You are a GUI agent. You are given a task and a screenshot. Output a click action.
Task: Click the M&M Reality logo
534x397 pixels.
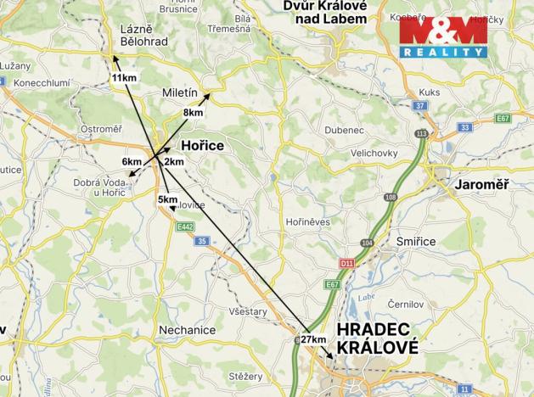444,37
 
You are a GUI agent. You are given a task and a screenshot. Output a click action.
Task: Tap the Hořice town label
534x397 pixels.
202,146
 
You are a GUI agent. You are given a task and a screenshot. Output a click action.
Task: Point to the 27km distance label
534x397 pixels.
313,339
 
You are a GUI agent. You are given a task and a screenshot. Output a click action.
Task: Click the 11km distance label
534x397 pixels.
124,78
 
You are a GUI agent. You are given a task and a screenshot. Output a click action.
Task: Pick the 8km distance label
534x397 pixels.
193,112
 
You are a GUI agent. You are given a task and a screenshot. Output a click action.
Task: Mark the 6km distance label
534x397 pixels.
132,161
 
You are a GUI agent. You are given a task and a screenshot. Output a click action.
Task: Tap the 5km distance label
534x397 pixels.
167,199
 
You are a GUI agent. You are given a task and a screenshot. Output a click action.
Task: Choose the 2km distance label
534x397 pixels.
174,161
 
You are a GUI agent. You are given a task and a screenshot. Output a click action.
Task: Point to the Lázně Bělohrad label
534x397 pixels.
144,34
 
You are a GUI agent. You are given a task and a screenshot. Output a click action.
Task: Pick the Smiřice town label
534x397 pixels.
415,241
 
